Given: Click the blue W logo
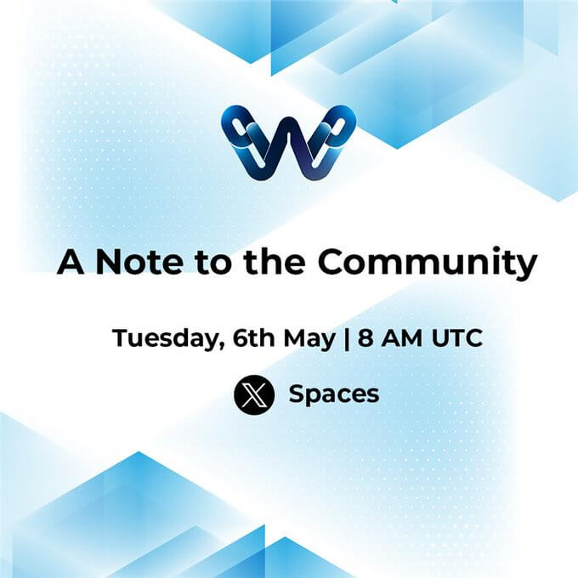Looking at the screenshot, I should point(286,141).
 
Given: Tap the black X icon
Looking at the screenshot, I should point(254,394).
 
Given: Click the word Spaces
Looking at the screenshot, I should point(334,394).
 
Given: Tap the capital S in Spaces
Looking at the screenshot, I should point(297,394).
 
